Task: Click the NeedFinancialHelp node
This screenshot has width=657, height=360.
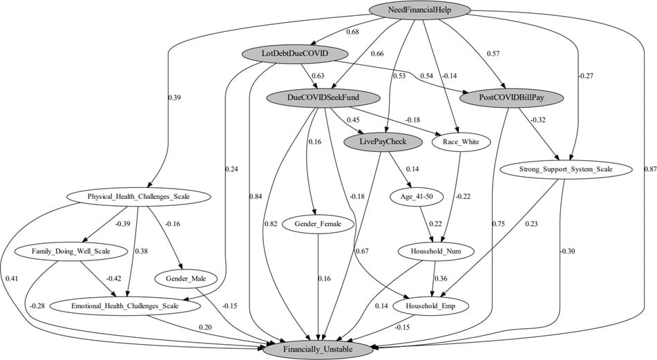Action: (x=420, y=10)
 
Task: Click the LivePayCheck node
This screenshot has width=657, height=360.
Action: (x=383, y=142)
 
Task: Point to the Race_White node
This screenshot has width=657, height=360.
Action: (x=460, y=142)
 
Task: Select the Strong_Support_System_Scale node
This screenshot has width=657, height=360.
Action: (x=566, y=168)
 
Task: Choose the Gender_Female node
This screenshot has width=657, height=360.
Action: (x=318, y=225)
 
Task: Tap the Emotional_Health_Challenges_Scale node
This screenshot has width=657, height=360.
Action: (x=125, y=305)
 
